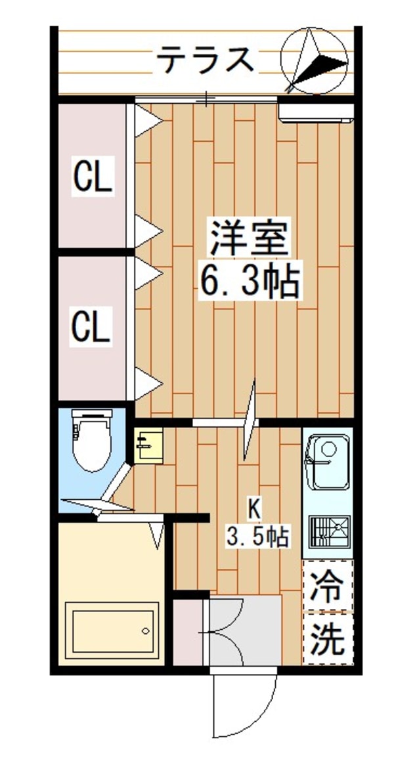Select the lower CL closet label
(91, 326)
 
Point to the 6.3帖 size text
(249, 281)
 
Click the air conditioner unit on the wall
(317, 111)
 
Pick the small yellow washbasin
(148, 446)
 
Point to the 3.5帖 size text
(257, 537)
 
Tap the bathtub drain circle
(146, 631)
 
